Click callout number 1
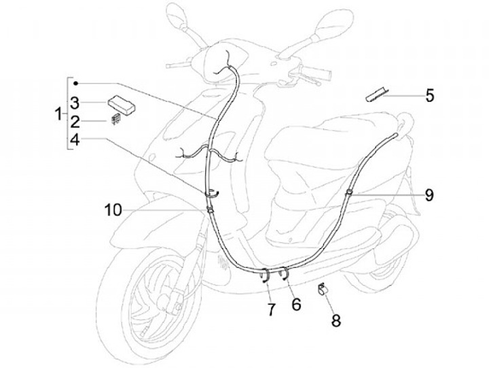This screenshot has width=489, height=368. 58,114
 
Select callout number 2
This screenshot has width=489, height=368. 75,122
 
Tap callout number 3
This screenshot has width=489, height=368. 75,103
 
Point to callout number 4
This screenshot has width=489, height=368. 75,140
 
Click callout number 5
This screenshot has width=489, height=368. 429,95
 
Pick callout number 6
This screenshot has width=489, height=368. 295,305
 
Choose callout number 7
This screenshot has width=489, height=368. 270,310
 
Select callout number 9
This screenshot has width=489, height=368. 429,195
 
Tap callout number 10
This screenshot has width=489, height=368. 113,210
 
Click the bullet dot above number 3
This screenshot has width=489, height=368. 76,82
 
